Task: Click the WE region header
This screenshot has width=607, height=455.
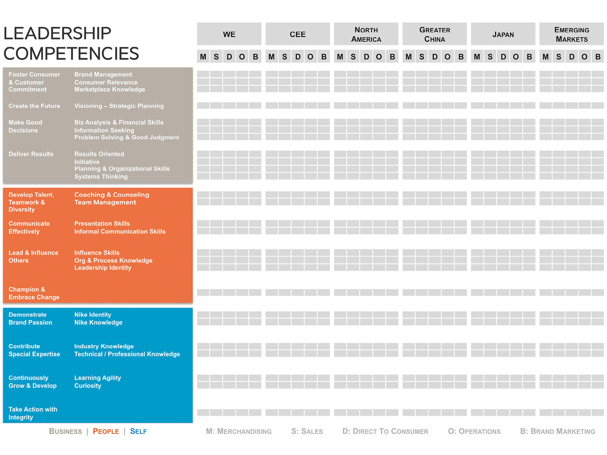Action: click(229, 34)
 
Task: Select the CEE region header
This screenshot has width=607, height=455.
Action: click(297, 34)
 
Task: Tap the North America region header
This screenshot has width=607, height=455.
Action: click(366, 34)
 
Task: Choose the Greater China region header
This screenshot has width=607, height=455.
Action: click(435, 34)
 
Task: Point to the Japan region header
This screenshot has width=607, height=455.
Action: click(503, 34)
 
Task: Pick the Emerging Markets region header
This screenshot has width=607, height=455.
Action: click(572, 34)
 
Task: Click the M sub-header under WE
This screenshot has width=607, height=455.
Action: click(203, 57)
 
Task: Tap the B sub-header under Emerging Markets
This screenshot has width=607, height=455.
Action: click(598, 57)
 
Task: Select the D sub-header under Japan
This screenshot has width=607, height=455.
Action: click(503, 57)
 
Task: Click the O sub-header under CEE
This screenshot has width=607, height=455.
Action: click(310, 57)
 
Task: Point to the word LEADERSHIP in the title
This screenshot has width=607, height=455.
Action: click(57, 33)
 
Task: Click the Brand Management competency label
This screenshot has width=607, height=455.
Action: click(103, 75)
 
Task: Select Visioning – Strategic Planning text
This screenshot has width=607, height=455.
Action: click(119, 106)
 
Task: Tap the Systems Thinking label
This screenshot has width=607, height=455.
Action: click(101, 177)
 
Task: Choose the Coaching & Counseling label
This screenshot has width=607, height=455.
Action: click(112, 195)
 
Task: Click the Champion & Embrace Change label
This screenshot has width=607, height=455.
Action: click(34, 293)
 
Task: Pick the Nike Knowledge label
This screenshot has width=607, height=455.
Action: click(98, 323)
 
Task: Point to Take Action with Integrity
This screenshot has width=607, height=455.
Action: click(33, 413)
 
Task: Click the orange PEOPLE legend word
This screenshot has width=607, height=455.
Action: click(106, 431)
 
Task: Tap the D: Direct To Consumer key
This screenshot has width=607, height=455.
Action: click(385, 431)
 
